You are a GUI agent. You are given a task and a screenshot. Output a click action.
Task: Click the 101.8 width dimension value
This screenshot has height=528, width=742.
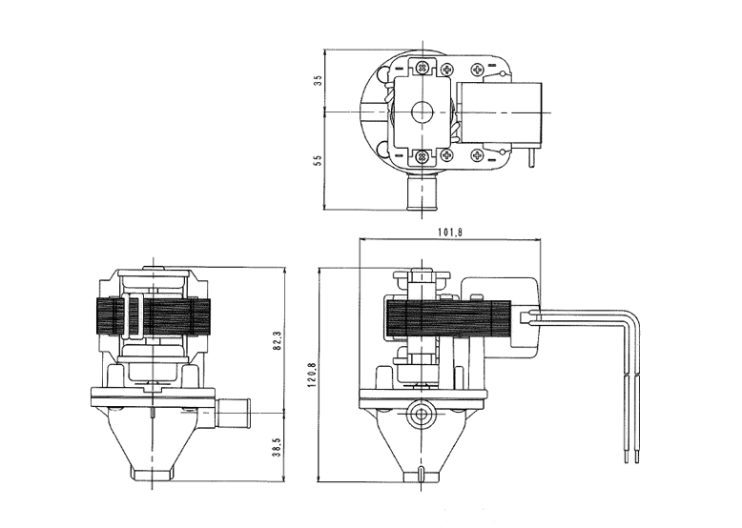tap(449, 233)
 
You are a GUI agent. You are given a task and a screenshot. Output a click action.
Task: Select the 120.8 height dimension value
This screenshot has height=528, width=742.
tap(311, 376)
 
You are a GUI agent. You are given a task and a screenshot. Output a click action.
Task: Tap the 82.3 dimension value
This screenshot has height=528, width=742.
tap(278, 340)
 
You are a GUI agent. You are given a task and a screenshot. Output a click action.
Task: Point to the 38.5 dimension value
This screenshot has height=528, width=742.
tap(278, 447)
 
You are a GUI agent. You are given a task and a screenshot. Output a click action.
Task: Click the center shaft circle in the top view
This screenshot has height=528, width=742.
tap(422, 112)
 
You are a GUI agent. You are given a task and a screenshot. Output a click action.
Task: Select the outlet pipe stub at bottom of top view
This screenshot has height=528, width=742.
tap(422, 193)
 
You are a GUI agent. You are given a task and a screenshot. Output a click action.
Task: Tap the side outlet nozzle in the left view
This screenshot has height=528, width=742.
tap(234, 413)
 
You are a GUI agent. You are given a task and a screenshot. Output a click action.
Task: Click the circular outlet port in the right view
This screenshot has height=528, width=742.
tap(421, 414)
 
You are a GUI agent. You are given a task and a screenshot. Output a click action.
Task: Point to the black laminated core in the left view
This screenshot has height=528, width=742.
tap(153, 317)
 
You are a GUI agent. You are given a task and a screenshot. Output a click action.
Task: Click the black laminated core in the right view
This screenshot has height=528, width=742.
tap(448, 320)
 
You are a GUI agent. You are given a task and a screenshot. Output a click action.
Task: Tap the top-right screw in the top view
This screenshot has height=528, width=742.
tap(477, 70)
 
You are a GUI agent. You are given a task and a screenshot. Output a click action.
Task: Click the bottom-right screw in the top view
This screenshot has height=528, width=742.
tap(477, 154)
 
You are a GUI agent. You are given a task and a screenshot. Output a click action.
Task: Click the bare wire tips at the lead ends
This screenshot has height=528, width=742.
tap(631, 457)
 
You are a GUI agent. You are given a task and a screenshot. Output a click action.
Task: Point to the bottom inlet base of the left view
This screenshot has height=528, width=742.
tap(153, 473)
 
